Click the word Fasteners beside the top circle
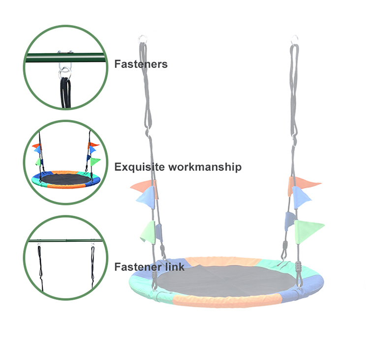point(141,64)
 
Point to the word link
point(175,267)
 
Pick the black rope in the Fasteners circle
point(64,91)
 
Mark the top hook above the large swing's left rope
point(143,38)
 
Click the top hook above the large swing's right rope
point(295,38)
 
